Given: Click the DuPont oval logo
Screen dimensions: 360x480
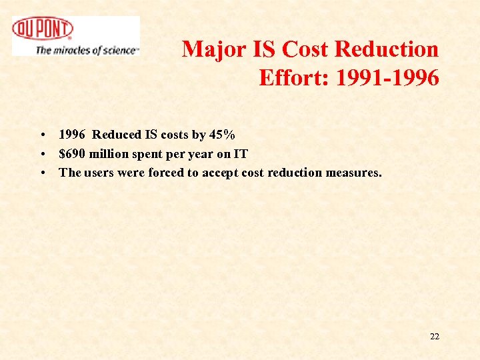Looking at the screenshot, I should click(43, 29).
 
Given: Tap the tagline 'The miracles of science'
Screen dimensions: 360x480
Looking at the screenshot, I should click(87, 50).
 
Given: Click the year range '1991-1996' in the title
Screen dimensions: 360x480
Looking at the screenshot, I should click(387, 78).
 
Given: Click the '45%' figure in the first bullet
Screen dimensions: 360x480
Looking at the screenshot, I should click(222, 135).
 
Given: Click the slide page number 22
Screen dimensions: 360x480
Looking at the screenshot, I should click(435, 336).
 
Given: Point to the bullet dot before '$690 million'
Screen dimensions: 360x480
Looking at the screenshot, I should click(42, 155).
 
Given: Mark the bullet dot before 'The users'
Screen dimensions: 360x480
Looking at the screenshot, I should click(42, 173).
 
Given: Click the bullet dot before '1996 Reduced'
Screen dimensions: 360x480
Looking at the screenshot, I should click(42, 135).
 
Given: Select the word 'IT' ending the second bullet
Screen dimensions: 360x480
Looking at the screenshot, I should click(240, 154).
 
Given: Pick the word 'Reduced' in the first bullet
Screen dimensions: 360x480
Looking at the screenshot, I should click(117, 135).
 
